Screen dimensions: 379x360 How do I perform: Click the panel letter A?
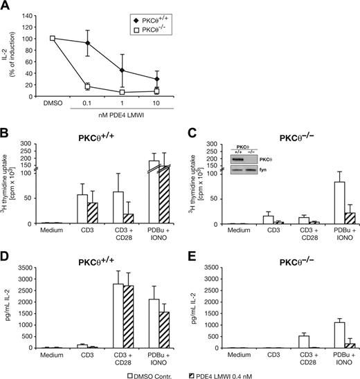coord(6,6)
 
